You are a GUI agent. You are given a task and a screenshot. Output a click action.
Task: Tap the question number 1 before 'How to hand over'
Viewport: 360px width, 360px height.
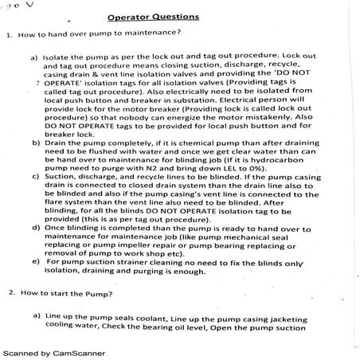tap(7, 34)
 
